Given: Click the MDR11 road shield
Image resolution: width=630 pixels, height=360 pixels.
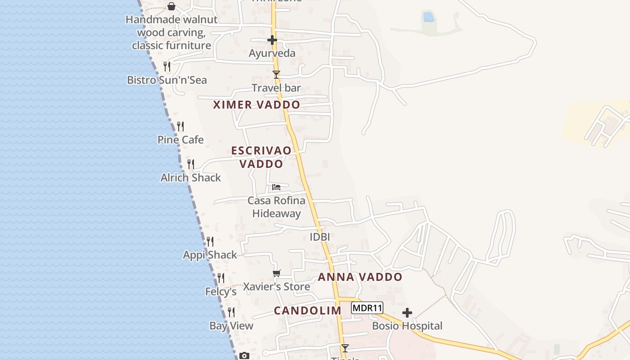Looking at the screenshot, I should tap(367, 308).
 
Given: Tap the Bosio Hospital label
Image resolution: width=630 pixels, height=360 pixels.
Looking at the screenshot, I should tap(407, 326).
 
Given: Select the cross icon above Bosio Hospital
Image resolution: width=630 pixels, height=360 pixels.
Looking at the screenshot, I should tap(407, 313).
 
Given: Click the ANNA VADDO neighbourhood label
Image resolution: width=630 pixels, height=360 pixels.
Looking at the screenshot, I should tap(360, 277).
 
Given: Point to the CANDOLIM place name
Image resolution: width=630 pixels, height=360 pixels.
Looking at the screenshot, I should tap(308, 310).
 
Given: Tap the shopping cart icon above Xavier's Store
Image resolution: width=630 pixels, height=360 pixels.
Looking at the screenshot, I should tap(277, 274).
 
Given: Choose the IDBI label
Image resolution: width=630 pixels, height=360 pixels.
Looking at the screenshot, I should tap(320, 237).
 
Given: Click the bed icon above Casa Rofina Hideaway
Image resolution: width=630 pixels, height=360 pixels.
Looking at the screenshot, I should tap(276, 187).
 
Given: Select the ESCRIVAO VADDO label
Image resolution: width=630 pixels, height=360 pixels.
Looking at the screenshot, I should tap(261, 157).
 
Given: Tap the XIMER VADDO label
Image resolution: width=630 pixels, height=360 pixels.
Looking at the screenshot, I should tap(256, 105).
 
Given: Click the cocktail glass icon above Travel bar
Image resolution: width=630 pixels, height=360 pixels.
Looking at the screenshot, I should tap(276, 75).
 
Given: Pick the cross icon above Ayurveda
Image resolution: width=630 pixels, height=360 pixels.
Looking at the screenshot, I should tap(272, 40).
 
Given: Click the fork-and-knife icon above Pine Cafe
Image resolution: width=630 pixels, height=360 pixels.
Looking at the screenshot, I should tap(180, 126).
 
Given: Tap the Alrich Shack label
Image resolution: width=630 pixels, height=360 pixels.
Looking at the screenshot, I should tap(191, 178).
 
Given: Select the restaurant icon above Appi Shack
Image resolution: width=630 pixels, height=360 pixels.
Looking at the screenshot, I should tap(210, 242).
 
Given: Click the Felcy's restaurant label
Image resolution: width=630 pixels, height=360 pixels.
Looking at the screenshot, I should tap(221, 292).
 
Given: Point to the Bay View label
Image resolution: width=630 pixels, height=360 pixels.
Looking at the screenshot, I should tap(231, 326).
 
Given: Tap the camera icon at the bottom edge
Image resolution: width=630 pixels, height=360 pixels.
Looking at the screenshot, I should tap(244, 356).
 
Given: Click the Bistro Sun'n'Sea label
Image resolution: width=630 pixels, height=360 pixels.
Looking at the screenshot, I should tap(167, 80).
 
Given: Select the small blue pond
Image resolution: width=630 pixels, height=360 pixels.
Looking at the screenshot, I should tap(428, 17).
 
